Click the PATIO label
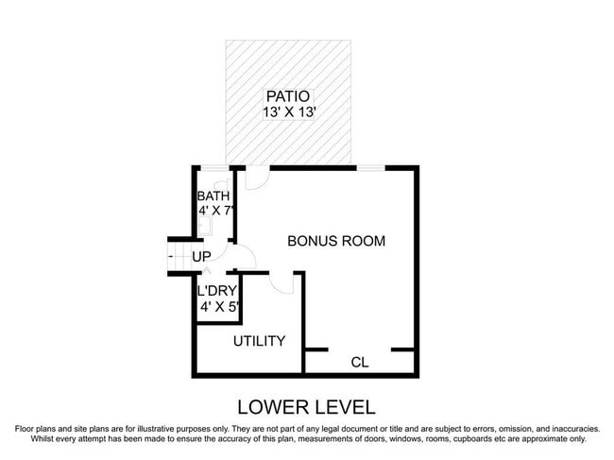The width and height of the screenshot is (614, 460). [x=287, y=96]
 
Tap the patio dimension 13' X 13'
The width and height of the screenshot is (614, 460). [x=287, y=112]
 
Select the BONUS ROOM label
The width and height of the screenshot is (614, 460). [x=336, y=241]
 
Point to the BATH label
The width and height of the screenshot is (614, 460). [x=213, y=196]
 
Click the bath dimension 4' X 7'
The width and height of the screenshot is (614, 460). [x=215, y=212]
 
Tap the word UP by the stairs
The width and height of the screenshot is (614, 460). [x=201, y=256]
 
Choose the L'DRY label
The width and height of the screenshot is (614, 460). [x=216, y=291]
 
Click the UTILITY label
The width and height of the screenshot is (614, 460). [x=259, y=341]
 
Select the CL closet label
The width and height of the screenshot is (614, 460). [x=359, y=362]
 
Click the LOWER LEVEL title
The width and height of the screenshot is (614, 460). [x=306, y=408]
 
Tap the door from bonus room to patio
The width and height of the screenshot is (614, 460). [x=256, y=176]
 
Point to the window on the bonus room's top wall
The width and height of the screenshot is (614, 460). [x=370, y=168]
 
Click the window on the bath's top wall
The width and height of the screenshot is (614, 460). [x=215, y=168]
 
